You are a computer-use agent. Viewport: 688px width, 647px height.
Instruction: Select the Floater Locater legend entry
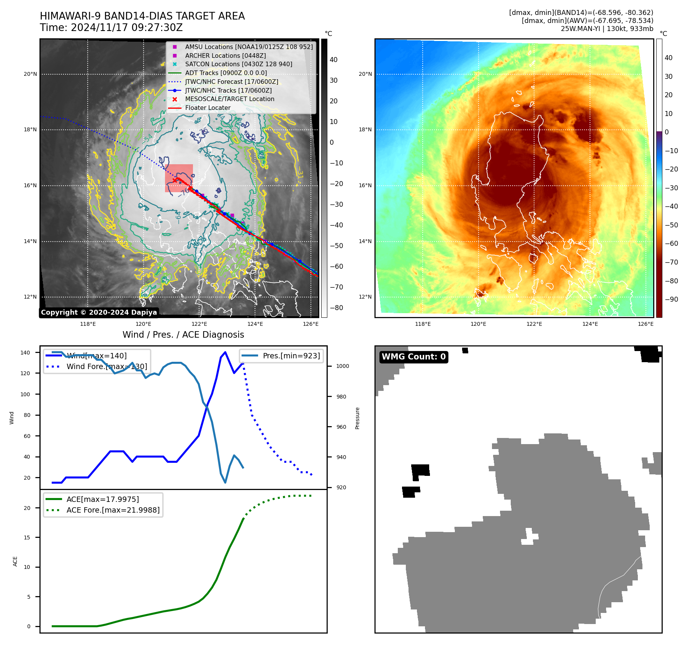pos(208,108)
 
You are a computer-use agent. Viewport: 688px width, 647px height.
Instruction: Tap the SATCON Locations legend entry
pos(238,64)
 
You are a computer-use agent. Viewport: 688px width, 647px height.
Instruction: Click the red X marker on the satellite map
pos(175,180)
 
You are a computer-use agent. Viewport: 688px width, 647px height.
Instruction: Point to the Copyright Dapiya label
pos(99,312)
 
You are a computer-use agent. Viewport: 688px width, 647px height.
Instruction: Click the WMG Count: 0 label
pos(413,357)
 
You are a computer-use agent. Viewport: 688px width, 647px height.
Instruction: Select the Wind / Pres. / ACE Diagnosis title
pos(183,335)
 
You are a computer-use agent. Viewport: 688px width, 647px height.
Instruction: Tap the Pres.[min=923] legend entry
pos(291,356)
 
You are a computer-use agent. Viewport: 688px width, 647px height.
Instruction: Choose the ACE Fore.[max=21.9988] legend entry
pos(113,510)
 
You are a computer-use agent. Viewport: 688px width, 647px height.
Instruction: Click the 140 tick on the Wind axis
pos(25,353)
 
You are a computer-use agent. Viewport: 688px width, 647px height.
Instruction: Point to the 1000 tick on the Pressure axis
pos(343,366)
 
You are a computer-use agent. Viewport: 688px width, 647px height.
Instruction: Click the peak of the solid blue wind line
pos(225,352)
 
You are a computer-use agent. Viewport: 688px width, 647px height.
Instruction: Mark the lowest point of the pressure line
pos(225,482)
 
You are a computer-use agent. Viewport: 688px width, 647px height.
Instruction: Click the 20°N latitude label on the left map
pos(30,74)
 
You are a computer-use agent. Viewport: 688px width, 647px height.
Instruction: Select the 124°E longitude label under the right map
pos(590,324)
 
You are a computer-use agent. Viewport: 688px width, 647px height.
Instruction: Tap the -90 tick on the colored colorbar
pos(671,299)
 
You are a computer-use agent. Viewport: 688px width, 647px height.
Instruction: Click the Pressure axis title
pos(357,418)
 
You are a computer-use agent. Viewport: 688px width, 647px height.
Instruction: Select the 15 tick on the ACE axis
pos(27,538)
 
